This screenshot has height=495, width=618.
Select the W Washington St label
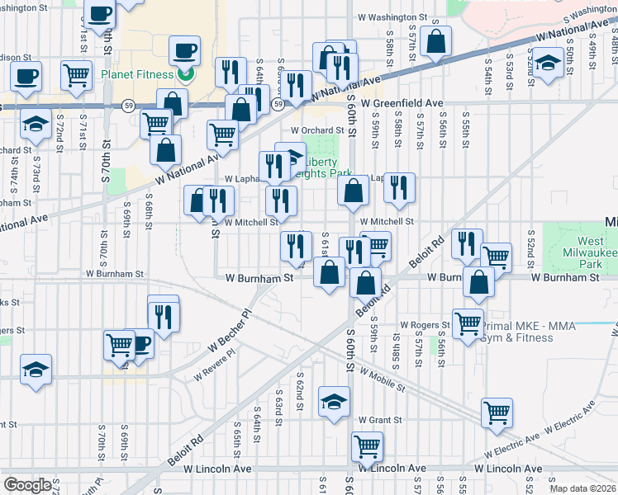[x=392, y=16]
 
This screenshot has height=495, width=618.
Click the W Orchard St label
[x=316, y=130]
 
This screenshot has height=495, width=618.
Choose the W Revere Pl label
[x=215, y=364]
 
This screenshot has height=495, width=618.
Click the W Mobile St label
[x=382, y=379]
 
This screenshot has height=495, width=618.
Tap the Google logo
[x=27, y=485]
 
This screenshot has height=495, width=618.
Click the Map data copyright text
[x=582, y=488]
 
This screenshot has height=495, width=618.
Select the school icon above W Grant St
[x=334, y=403]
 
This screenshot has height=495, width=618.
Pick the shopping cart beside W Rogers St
[x=468, y=322]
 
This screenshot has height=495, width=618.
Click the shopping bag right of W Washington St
[x=435, y=40]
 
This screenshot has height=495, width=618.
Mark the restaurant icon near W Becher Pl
[x=164, y=315]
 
